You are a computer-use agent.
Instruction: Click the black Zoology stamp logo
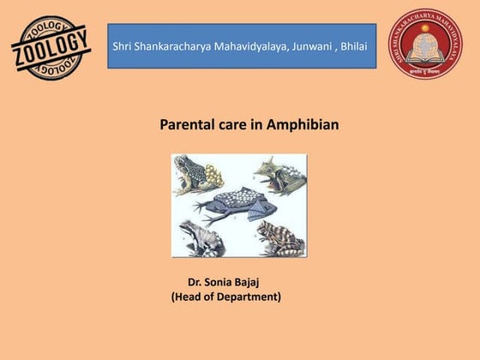(51, 49)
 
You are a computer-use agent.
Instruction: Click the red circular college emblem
(426, 45)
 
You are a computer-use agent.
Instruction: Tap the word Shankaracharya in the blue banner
(175, 45)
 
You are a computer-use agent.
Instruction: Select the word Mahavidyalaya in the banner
(258, 45)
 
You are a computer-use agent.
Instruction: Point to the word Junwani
(321, 45)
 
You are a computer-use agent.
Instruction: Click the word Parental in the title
(186, 125)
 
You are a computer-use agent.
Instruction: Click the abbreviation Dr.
(196, 281)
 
